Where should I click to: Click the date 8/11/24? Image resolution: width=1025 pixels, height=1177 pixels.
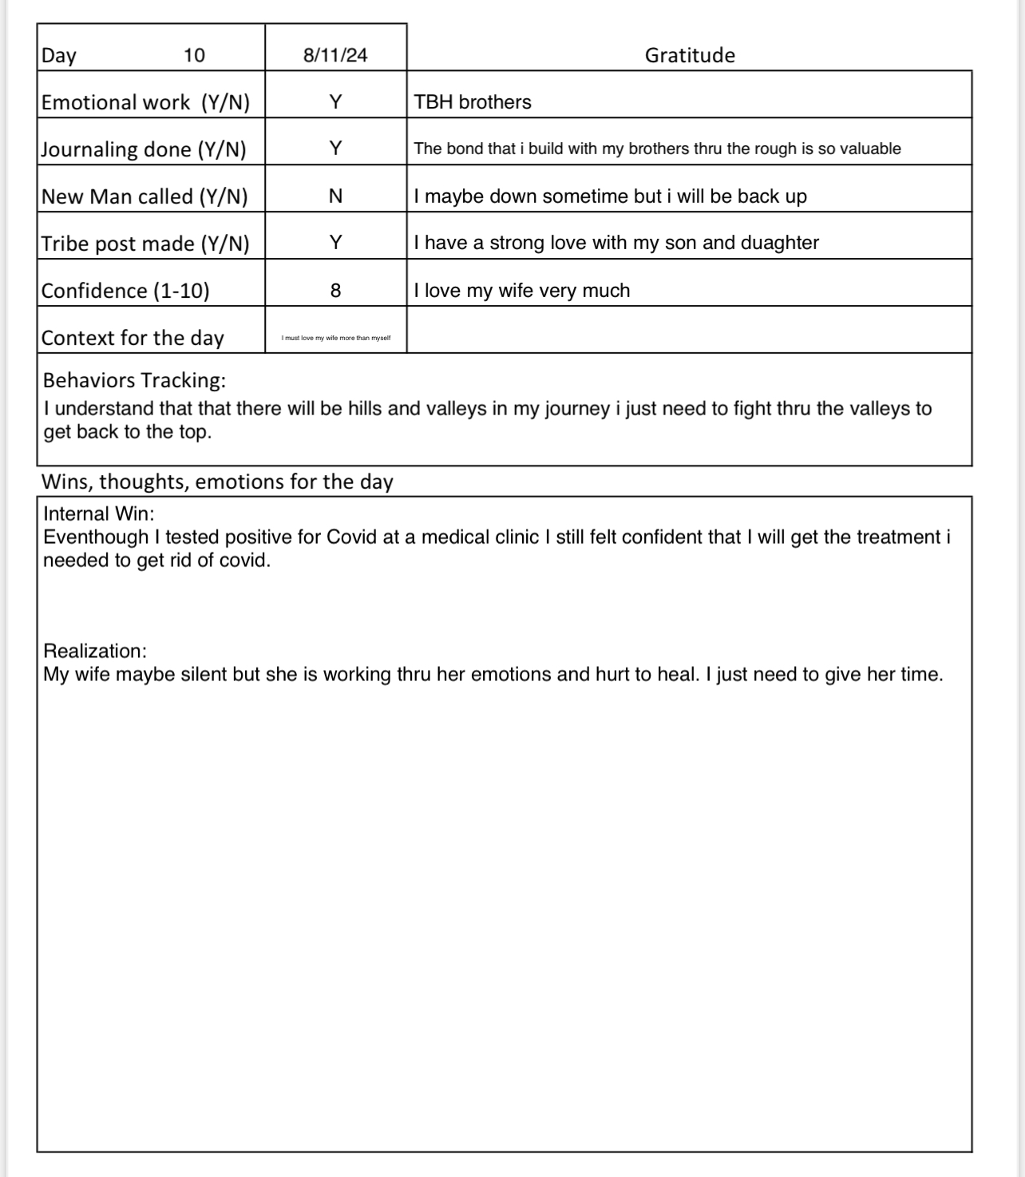point(335,55)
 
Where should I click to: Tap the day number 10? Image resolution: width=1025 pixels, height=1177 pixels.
point(194,55)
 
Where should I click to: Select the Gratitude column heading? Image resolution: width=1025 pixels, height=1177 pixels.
point(690,55)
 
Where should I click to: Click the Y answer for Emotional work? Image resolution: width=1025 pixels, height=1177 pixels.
point(335,102)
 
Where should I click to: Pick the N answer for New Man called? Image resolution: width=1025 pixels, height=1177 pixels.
point(335,196)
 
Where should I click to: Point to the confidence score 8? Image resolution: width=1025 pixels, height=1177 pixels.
point(335,291)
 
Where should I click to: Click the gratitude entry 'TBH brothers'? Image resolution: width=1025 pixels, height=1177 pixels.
point(473,102)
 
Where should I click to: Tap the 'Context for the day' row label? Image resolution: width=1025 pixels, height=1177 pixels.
point(133,338)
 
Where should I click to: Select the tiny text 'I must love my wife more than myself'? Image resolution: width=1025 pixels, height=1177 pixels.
point(336,338)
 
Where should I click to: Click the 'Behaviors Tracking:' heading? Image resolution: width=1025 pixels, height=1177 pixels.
point(134,380)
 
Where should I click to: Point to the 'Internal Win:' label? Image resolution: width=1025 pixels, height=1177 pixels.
point(99,513)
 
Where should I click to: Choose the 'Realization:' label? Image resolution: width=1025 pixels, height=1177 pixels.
point(95,651)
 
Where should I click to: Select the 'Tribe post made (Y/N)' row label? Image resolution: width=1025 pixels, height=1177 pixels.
point(145,244)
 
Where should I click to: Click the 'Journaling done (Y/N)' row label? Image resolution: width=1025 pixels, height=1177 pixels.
point(144,149)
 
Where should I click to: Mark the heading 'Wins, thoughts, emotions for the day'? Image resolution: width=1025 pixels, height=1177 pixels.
point(217,481)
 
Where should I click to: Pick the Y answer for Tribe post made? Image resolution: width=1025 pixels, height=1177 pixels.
point(335,243)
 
